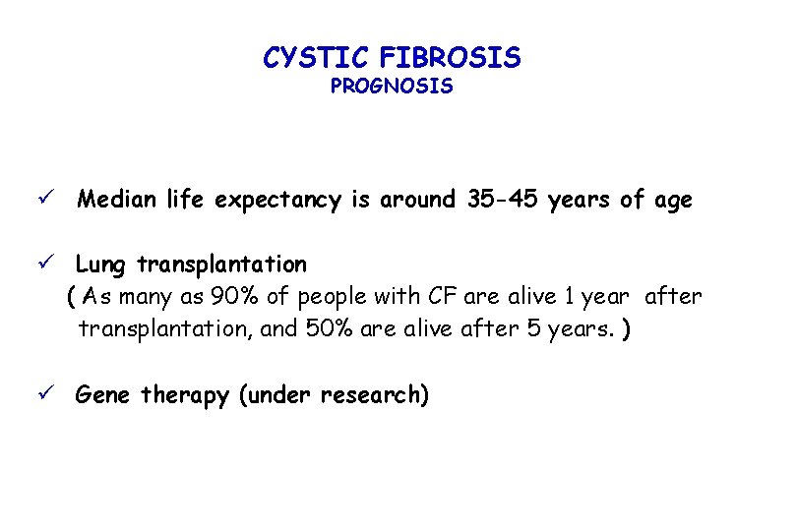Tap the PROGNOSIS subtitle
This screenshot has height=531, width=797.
pos(392,87)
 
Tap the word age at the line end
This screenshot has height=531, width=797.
pos(672,202)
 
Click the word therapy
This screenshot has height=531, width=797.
pos(185,396)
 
